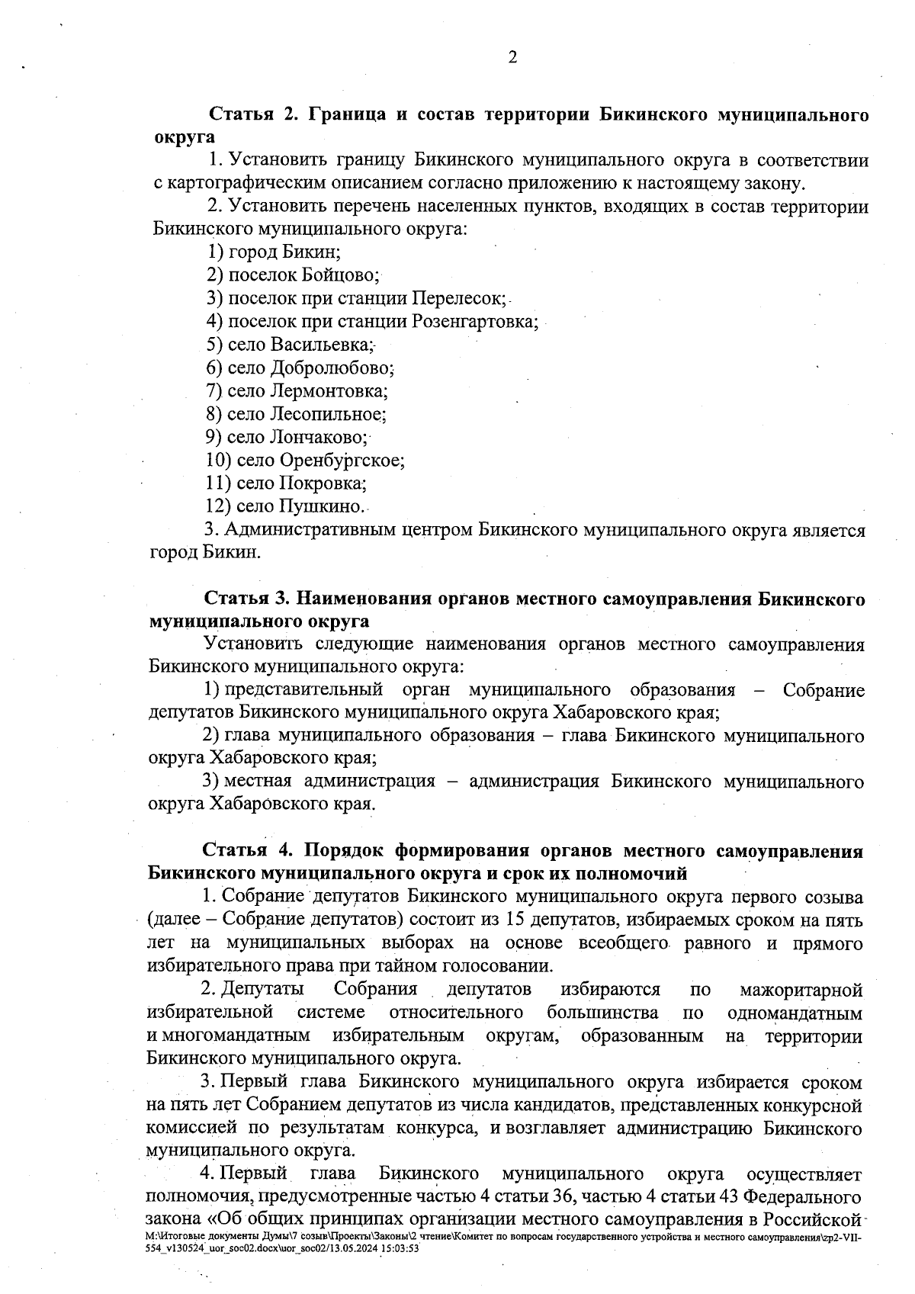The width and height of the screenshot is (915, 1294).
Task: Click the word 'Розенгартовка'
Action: [474, 321]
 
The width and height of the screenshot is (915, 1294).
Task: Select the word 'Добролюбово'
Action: [330, 368]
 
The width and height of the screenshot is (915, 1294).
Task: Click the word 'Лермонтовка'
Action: [327, 391]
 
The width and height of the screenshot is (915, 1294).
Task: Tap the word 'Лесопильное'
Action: [326, 414]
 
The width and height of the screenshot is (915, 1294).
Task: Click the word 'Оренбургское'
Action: [340, 461]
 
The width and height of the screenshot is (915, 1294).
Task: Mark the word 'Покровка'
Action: [322, 483]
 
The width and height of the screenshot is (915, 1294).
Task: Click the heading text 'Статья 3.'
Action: [245, 599]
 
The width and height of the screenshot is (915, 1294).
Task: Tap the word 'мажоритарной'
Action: [801, 990]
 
